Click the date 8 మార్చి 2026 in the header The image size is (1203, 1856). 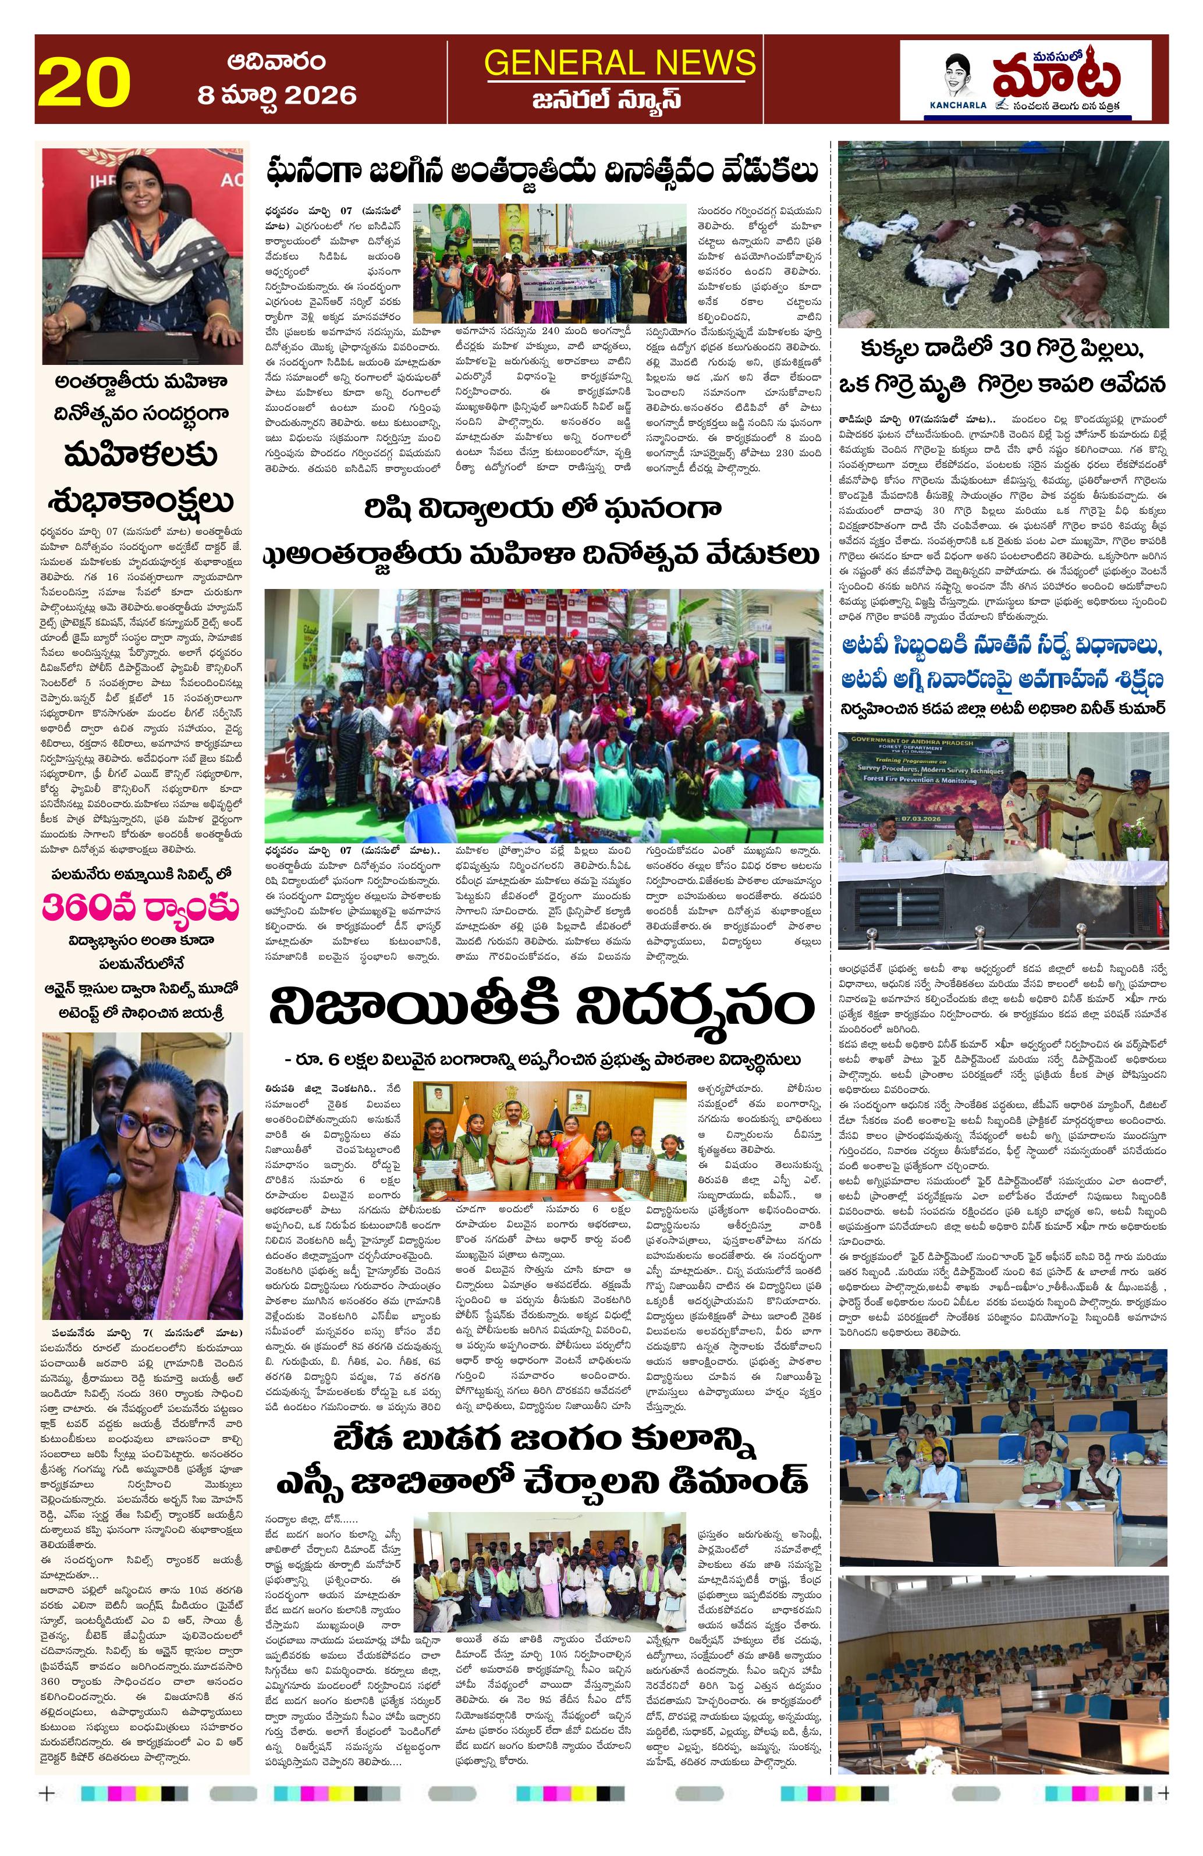[277, 95]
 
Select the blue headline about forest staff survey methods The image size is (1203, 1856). [1003, 663]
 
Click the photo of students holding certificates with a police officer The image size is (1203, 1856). [549, 1140]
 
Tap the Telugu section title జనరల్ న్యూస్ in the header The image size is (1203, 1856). [620, 100]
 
